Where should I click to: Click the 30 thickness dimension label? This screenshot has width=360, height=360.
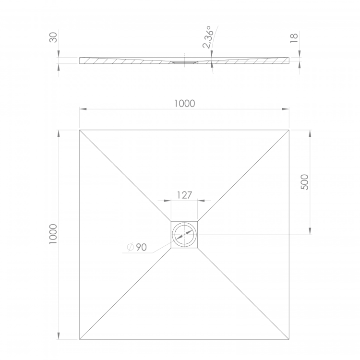(x=53, y=37)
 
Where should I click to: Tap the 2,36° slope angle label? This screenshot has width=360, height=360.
(x=207, y=37)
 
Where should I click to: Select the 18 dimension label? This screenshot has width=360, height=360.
(x=294, y=38)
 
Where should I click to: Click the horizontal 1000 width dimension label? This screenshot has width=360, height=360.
(x=185, y=104)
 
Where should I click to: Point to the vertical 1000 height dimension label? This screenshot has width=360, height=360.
(x=53, y=234)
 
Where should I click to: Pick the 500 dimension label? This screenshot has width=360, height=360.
(x=305, y=182)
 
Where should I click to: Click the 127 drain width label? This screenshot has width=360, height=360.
(x=184, y=195)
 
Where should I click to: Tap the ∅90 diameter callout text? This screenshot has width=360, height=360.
(x=137, y=247)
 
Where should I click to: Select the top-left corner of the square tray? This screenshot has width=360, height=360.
(x=80, y=130)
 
